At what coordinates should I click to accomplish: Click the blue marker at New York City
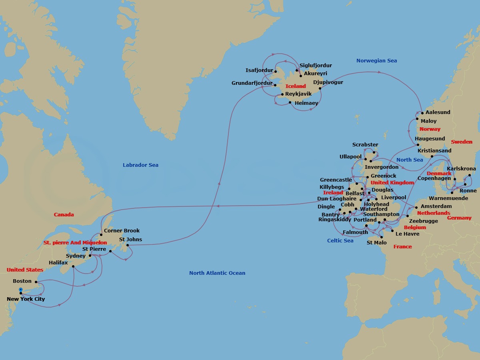pyautogui.click(x=21, y=289)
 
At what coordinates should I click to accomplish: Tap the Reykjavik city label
pyautogui.click(x=298, y=94)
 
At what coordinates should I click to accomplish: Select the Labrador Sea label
pyautogui.click(x=140, y=165)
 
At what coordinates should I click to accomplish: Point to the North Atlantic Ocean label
pyautogui.click(x=217, y=273)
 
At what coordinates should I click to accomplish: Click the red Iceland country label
pyautogui.click(x=295, y=86)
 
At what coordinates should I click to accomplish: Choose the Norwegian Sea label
pyautogui.click(x=376, y=60)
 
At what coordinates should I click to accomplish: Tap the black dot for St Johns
pyautogui.click(x=128, y=245)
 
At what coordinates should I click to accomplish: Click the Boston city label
pyautogui.click(x=22, y=281)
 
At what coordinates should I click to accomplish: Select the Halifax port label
pyautogui.click(x=58, y=262)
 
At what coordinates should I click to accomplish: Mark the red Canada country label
pyautogui.click(x=64, y=214)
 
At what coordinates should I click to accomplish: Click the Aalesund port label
pyautogui.click(x=438, y=112)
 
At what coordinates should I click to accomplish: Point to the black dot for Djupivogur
pyautogui.click(x=320, y=88)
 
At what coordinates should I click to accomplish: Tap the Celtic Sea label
pyautogui.click(x=340, y=240)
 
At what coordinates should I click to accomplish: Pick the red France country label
pyautogui.click(x=402, y=246)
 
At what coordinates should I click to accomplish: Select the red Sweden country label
pyautogui.click(x=462, y=142)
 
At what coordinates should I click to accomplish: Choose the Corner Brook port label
pyautogui.click(x=122, y=230)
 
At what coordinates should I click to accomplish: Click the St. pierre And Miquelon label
pyautogui.click(x=75, y=242)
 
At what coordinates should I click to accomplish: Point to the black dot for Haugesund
pyautogui.click(x=417, y=144)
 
